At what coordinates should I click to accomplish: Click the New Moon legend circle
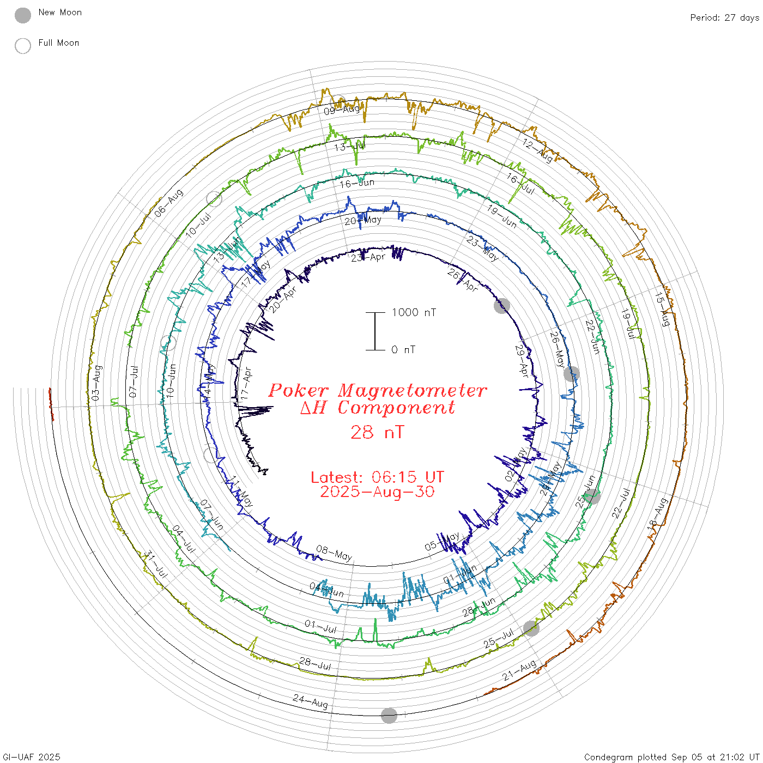pyautogui.click(x=23, y=15)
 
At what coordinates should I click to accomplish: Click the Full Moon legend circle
pyautogui.click(x=23, y=46)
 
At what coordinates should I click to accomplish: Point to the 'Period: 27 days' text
pyautogui.click(x=724, y=17)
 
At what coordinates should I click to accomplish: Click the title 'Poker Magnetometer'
pyautogui.click(x=377, y=390)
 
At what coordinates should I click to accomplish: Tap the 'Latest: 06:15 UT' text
pyautogui.click(x=377, y=477)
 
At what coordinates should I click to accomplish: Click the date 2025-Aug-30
pyautogui.click(x=377, y=492)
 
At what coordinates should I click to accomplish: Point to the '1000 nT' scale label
pyautogui.click(x=414, y=312)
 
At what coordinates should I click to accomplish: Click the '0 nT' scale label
pyautogui.click(x=403, y=349)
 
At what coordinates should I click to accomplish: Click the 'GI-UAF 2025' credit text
pyautogui.click(x=32, y=756)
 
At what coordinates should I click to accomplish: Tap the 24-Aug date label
pyautogui.click(x=311, y=701)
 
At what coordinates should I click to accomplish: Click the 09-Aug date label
pyautogui.click(x=342, y=110)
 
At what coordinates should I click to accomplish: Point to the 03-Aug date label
pyautogui.click(x=96, y=383)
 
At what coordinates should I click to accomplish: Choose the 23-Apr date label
pyautogui.click(x=368, y=257)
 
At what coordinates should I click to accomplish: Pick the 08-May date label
pyautogui.click(x=334, y=553)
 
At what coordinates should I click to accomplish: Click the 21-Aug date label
pyautogui.click(x=519, y=670)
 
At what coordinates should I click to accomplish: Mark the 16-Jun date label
pyautogui.click(x=357, y=183)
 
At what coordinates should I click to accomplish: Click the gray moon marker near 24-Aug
pyautogui.click(x=389, y=716)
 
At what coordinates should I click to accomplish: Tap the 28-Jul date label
pyautogui.click(x=315, y=663)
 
